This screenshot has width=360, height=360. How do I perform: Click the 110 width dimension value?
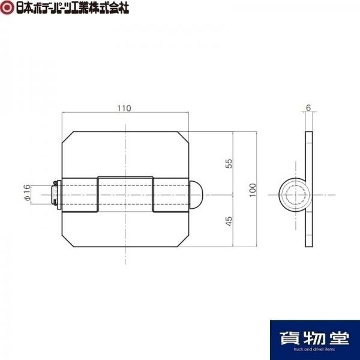[x=124, y=108]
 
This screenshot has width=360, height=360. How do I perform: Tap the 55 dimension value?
[x=229, y=163]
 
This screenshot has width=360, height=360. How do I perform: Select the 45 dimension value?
[x=229, y=221]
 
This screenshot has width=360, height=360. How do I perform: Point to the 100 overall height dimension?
[x=253, y=190]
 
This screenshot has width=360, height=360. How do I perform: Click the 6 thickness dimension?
[x=308, y=107]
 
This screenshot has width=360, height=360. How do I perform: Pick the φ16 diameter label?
[x=27, y=192]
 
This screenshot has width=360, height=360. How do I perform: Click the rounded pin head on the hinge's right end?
[x=196, y=194]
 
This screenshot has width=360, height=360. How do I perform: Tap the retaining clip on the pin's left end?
[x=56, y=194]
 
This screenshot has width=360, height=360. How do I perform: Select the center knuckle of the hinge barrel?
[x=125, y=194]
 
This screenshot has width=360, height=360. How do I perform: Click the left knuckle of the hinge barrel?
[x=80, y=194]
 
